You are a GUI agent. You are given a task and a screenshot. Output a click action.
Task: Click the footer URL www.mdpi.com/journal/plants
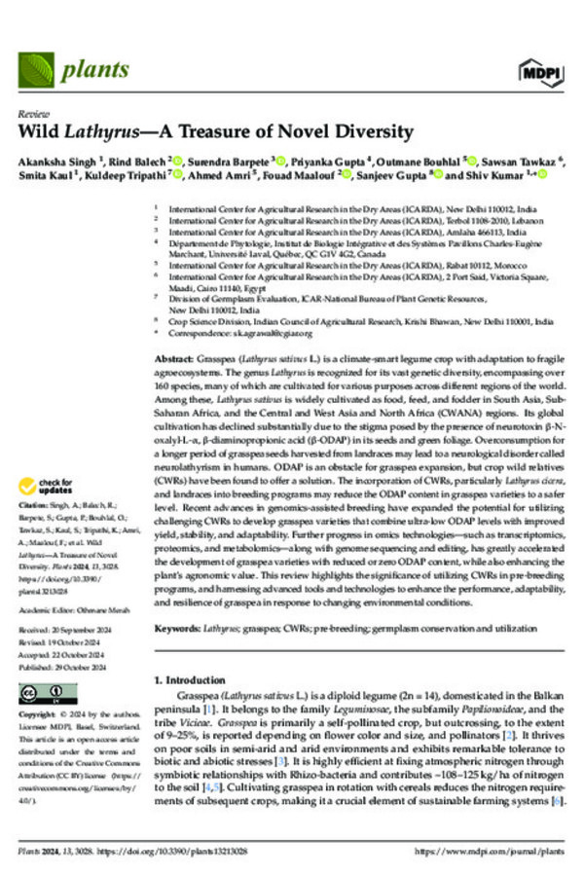(x=497, y=851)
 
